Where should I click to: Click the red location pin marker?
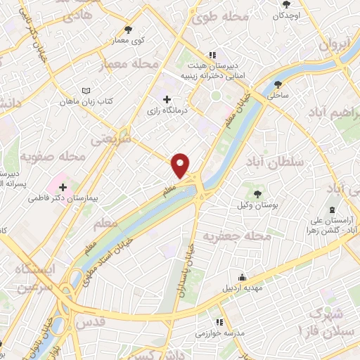(x=181, y=165)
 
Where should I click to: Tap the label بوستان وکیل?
(x=257, y=204)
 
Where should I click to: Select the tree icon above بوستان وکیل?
(x=257, y=193)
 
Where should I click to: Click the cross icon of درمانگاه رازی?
(x=166, y=99)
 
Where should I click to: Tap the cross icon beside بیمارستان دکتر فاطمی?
(x=64, y=187)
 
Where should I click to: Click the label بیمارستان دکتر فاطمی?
(x=64, y=199)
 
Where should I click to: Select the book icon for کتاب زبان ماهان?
(x=86, y=91)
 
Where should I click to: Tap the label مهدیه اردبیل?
(x=243, y=288)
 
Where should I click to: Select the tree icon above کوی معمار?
(x=127, y=30)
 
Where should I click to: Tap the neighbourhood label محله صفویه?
(x=53, y=155)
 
